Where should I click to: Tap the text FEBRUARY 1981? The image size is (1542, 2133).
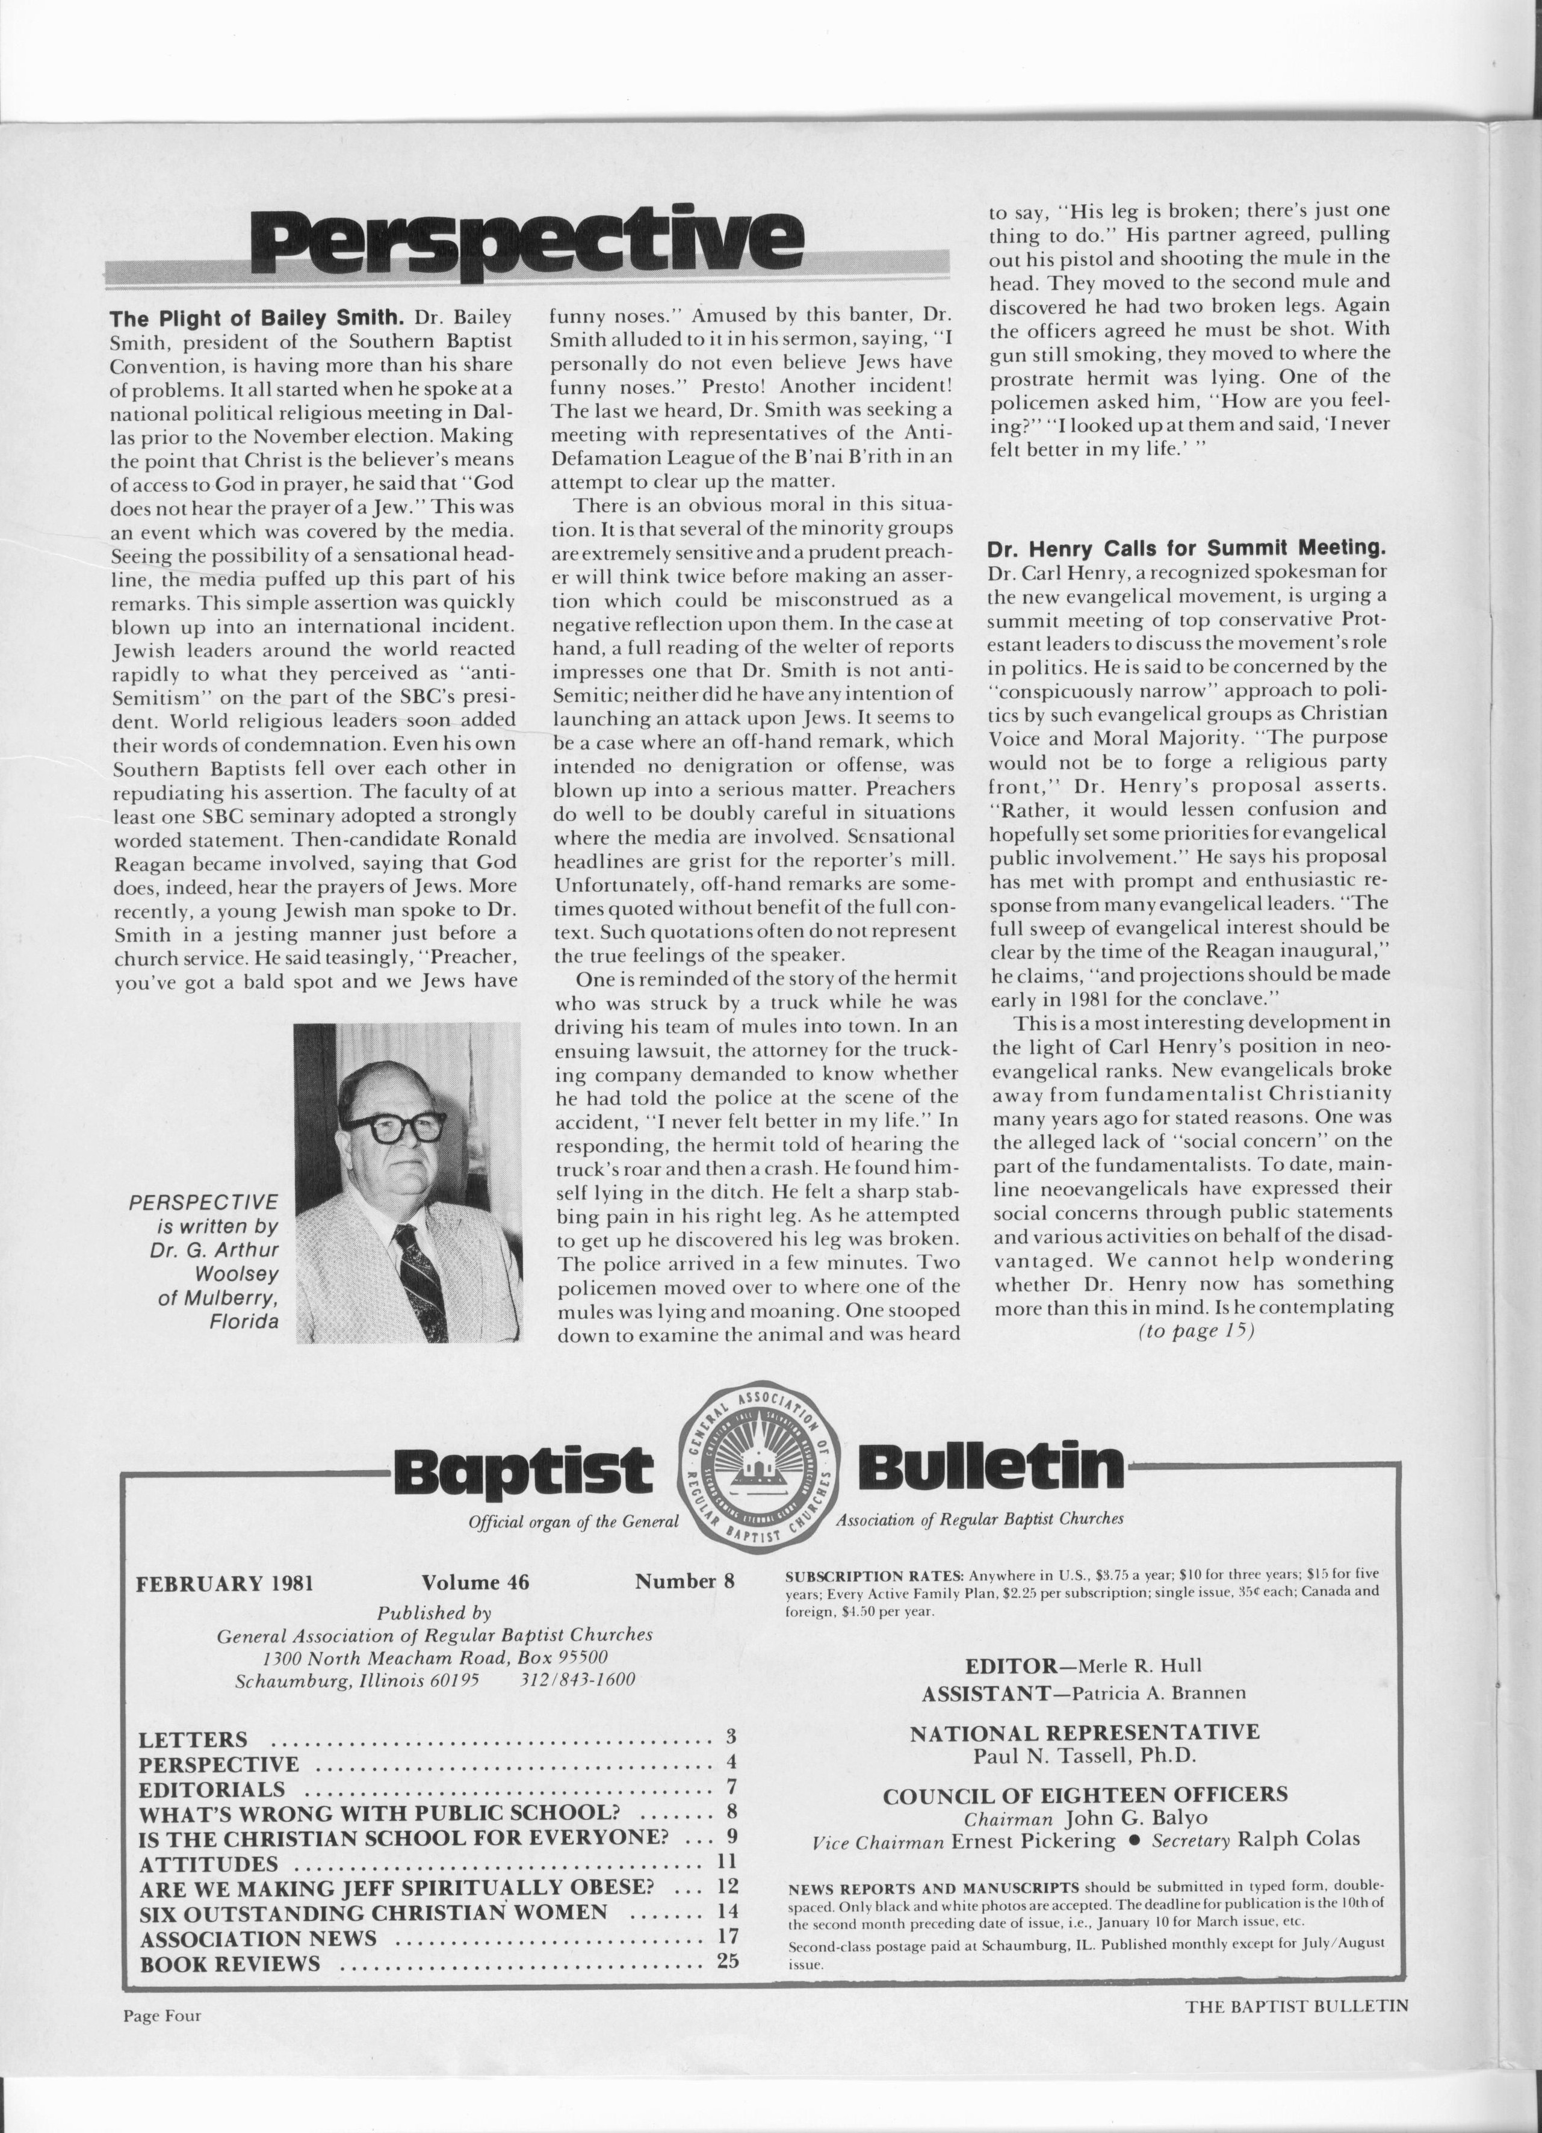224,1583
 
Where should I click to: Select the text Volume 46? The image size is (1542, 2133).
475,1582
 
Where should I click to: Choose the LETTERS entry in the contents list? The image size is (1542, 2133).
194,1741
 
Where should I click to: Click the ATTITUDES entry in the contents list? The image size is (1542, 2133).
209,1864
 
